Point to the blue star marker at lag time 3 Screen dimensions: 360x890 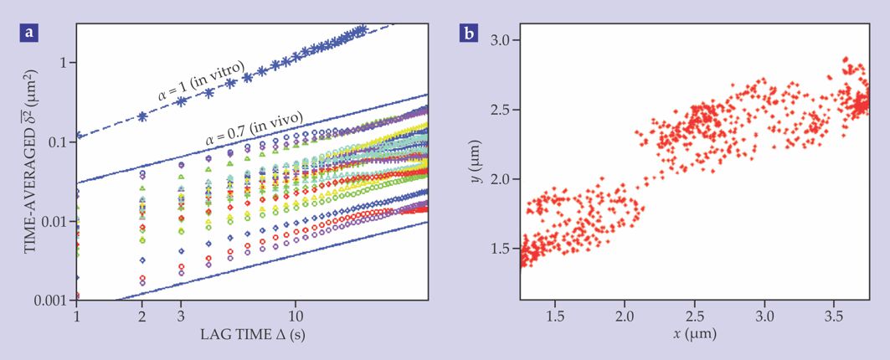(182, 101)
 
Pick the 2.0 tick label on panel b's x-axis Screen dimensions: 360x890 (625, 318)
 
